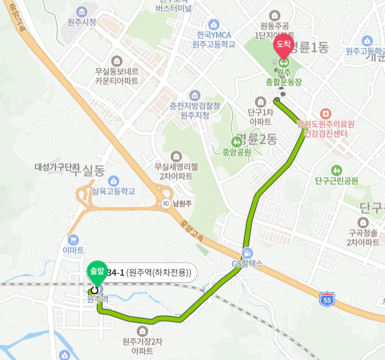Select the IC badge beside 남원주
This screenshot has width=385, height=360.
tap(166, 203)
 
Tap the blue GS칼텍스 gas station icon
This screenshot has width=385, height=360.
tap(247, 253)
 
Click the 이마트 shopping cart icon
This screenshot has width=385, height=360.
tap(73, 240)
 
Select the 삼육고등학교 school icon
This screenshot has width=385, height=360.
tap(112, 181)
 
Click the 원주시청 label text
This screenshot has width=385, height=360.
tap(81, 22)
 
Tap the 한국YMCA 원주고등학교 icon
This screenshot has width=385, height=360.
tap(214, 24)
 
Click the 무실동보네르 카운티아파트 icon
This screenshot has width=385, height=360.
tap(117, 61)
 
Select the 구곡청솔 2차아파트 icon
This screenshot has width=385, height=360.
tap(363, 222)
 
